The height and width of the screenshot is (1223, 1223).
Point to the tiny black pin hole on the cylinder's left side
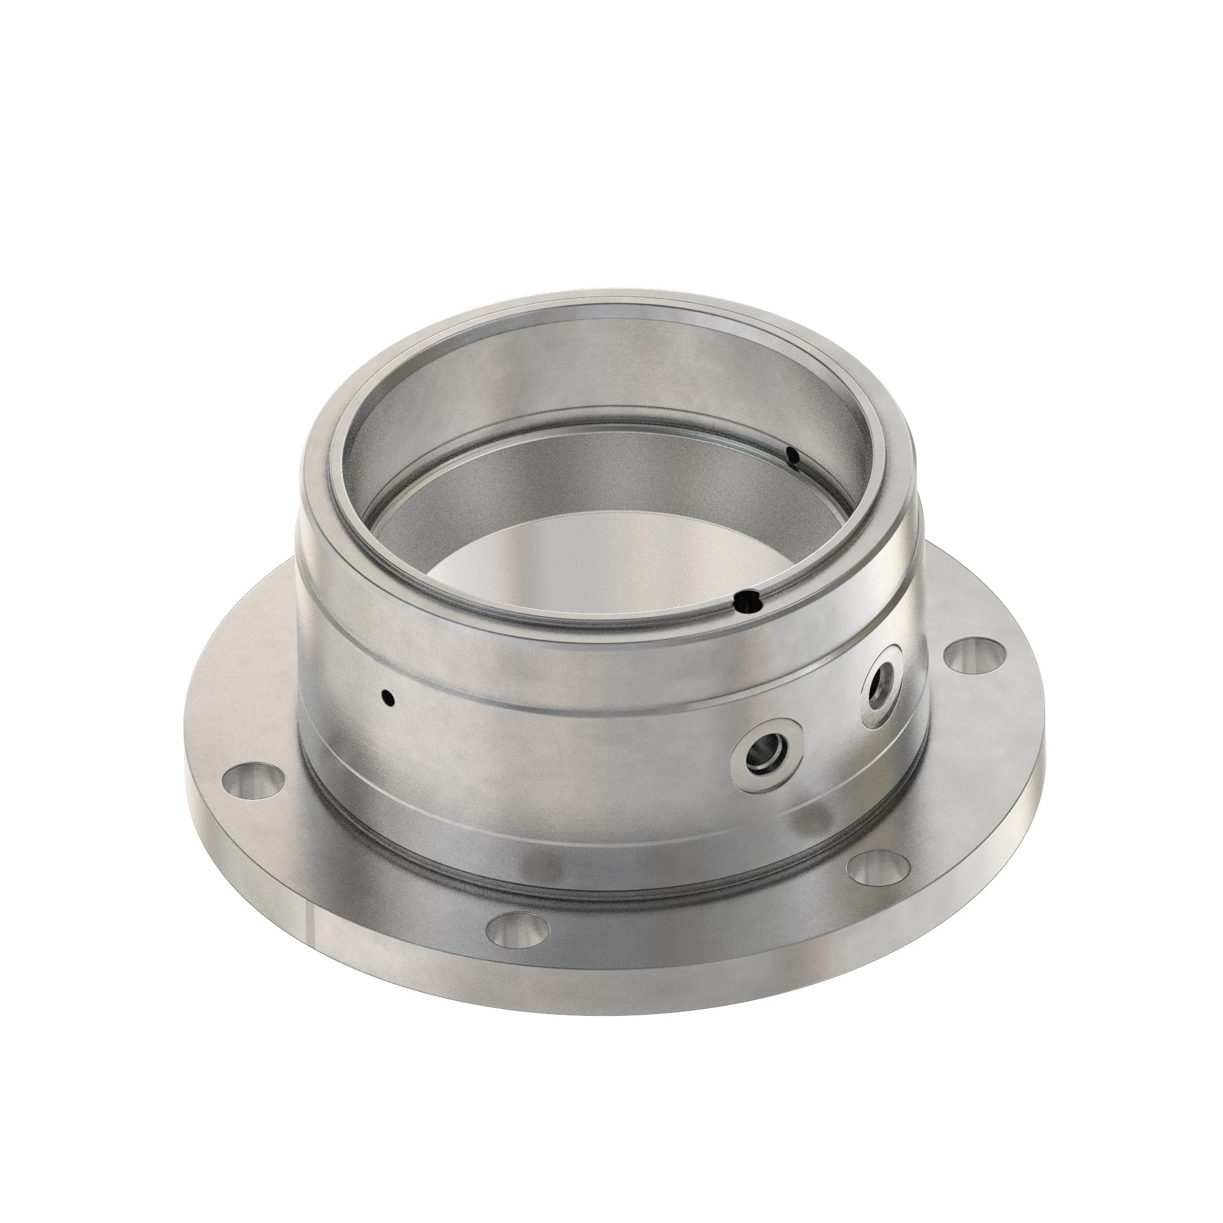(x=390, y=698)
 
